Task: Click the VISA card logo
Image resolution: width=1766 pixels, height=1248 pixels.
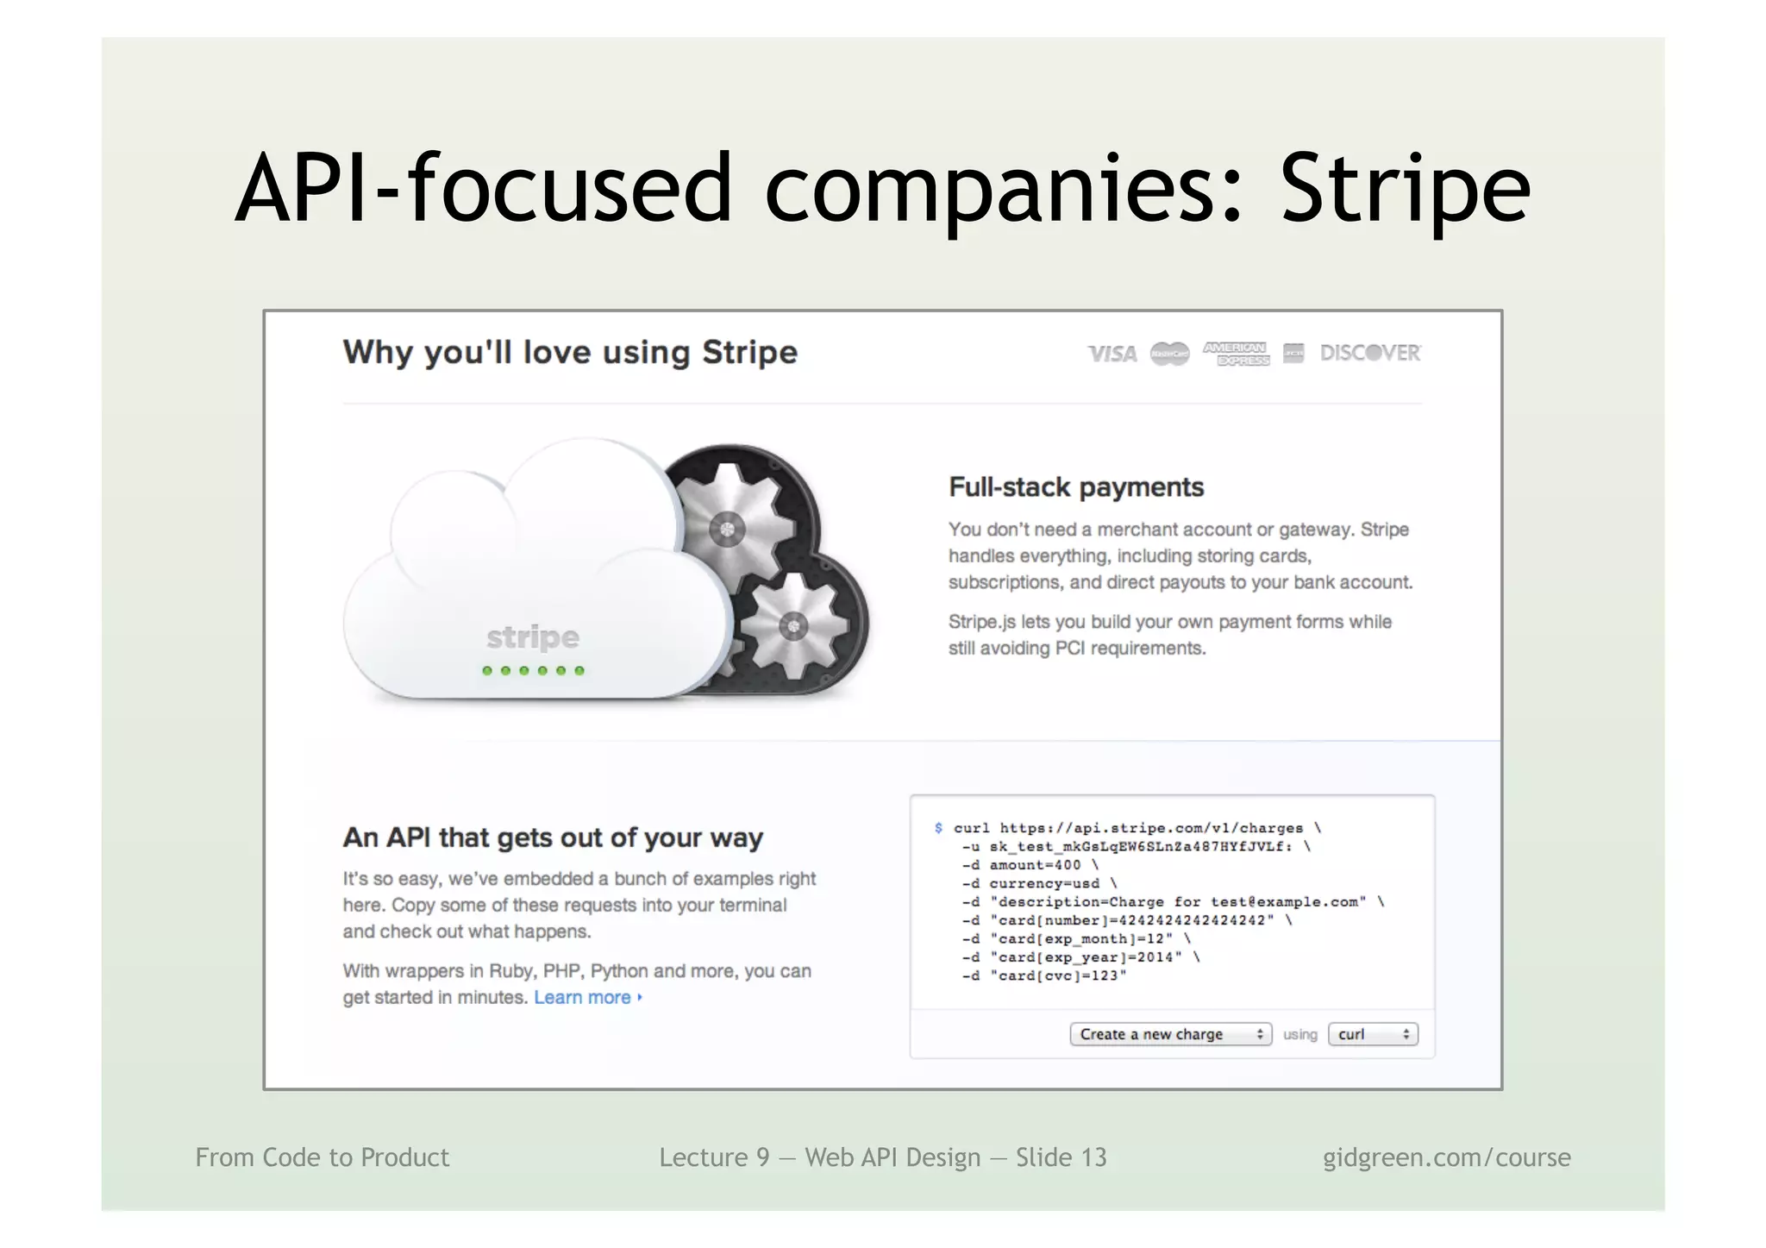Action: coord(1112,354)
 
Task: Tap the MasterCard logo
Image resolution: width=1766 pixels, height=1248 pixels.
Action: coord(1169,354)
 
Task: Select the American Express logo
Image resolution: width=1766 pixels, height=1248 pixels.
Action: coord(1236,354)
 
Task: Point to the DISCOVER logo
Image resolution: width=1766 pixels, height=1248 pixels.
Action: coord(1370,353)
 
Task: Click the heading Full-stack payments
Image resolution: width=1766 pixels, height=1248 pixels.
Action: coord(1075,487)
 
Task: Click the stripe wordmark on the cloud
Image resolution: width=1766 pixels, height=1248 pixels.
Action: coord(532,637)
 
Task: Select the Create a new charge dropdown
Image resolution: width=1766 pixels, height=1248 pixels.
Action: coord(1170,1034)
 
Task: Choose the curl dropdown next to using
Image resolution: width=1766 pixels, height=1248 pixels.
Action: coord(1372,1034)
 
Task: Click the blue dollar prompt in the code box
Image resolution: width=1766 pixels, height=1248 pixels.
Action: coord(938,828)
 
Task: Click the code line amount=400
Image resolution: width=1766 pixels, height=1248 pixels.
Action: coord(1035,865)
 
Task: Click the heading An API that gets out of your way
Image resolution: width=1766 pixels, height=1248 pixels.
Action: coord(553,837)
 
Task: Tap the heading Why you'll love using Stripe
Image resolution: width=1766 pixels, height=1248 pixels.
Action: coord(570,353)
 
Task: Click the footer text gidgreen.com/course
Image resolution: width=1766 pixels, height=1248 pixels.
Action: coord(1446,1157)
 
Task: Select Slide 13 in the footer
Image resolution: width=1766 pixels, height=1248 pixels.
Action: coord(1061,1157)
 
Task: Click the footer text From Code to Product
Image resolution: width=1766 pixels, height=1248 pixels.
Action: coord(322,1157)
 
